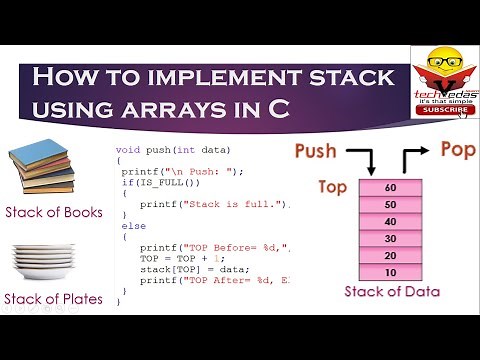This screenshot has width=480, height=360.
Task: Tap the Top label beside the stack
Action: click(332, 186)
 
